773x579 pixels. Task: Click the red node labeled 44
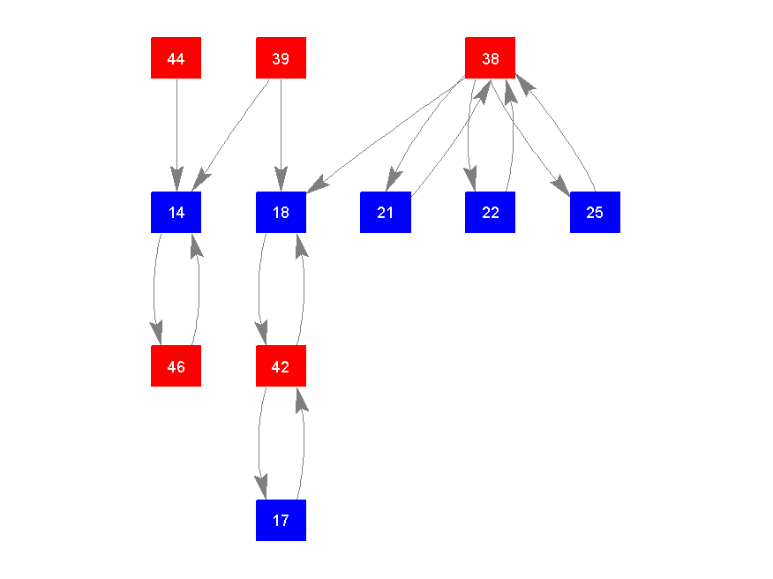[x=176, y=58]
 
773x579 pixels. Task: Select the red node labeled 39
[x=281, y=58]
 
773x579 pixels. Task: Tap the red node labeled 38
[x=490, y=58]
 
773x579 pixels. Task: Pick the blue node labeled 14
[x=176, y=212]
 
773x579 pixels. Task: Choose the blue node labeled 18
[x=281, y=212]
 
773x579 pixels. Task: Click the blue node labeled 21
[x=385, y=212]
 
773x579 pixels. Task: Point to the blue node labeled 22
[x=490, y=212]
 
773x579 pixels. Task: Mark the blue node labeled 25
[x=595, y=212]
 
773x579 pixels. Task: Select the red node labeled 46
[x=176, y=365]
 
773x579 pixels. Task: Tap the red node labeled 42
[x=281, y=365]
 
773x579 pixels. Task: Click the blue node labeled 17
[x=281, y=520]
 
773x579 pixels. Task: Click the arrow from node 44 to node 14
[x=176, y=132]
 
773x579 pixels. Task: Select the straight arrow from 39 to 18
[x=281, y=132]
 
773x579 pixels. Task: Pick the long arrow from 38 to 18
[x=388, y=134]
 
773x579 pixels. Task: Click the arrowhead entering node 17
[x=262, y=488]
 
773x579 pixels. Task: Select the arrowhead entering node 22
[x=472, y=180]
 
